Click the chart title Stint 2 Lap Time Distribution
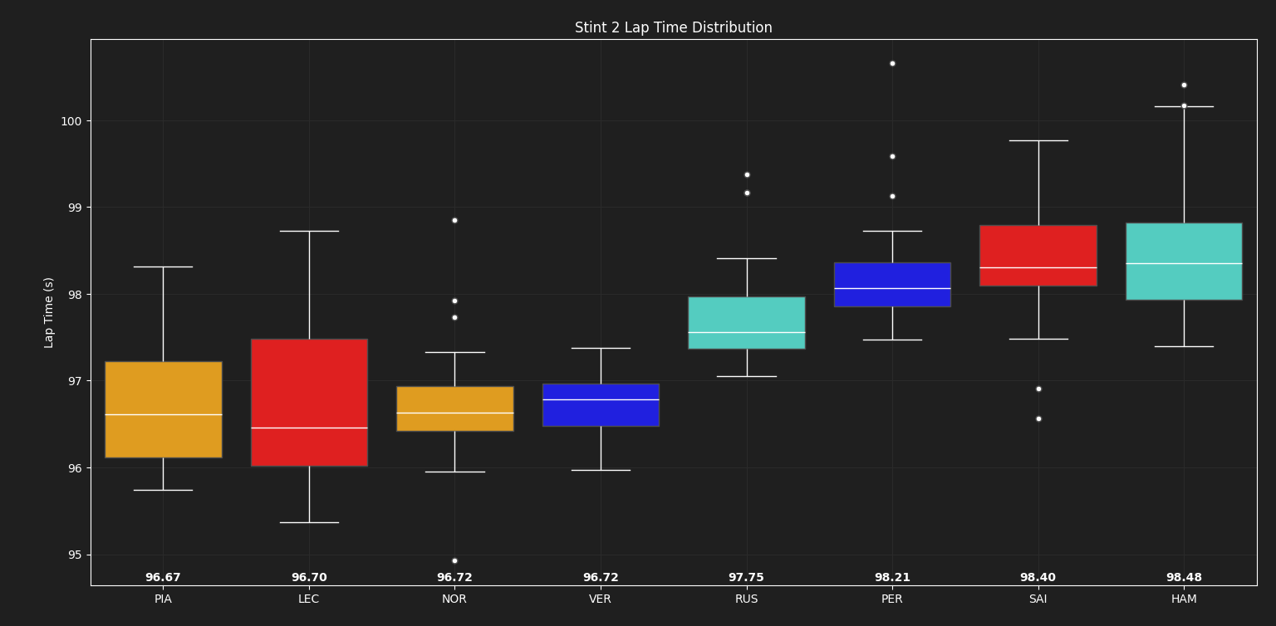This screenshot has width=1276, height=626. point(673,28)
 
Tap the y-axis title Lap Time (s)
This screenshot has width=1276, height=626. point(49,312)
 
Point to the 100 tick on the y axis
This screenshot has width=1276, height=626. point(71,121)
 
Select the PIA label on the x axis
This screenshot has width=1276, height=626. point(163,599)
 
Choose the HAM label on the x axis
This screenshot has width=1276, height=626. point(1184,599)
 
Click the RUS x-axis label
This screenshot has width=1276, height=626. point(746,599)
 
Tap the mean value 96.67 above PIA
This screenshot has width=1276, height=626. point(163,578)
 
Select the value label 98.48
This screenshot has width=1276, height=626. point(1184,578)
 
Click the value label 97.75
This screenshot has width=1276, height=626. point(746,578)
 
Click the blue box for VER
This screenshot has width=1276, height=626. point(601,413)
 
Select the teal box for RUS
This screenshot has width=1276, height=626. point(746,315)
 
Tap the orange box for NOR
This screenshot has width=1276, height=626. point(454,399)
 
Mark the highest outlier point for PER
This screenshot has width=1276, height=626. point(892,63)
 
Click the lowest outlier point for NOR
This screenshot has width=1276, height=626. point(454,560)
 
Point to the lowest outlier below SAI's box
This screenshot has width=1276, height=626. point(1038,418)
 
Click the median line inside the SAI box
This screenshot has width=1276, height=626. point(1038,267)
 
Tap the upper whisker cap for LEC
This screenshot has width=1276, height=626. point(309,231)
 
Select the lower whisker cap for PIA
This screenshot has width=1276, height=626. point(163,490)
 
